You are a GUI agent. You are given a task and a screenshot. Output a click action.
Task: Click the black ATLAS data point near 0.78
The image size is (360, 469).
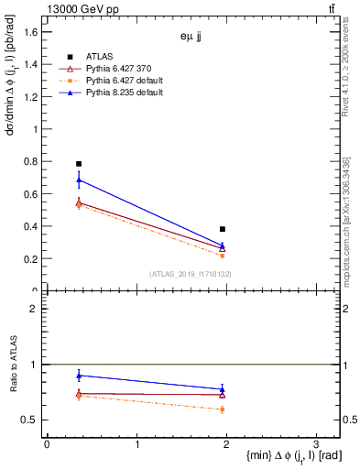pos(79,164)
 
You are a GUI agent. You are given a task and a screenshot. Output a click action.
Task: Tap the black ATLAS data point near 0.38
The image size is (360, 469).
pos(223,229)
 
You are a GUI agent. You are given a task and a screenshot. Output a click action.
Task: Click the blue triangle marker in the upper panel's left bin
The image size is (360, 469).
pos(79,180)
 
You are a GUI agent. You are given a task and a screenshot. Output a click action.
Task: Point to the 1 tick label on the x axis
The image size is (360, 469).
pos(136,444)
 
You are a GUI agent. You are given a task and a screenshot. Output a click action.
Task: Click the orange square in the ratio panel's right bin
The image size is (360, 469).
pos(223,409)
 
